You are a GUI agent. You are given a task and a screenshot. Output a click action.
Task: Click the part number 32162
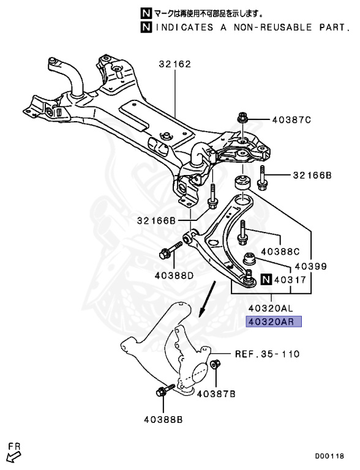click(x=175, y=63)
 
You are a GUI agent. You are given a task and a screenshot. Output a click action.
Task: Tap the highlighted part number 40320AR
click(x=274, y=321)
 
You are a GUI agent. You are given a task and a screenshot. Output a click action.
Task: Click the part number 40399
click(x=310, y=267)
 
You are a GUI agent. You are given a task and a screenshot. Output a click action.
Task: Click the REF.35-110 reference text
click(x=267, y=354)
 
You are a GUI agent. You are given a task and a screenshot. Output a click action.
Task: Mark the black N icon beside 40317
click(x=265, y=280)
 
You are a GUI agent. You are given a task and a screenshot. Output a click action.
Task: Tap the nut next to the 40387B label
click(x=216, y=366)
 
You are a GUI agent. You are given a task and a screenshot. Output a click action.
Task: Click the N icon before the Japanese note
click(x=144, y=13)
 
